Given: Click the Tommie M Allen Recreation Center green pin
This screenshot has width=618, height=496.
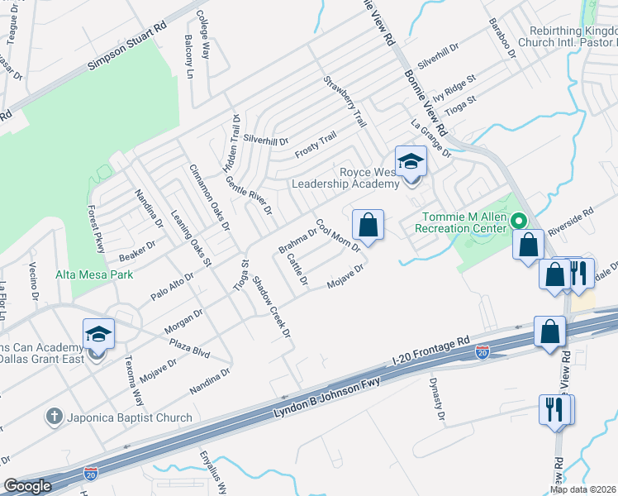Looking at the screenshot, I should pyautogui.click(x=519, y=221).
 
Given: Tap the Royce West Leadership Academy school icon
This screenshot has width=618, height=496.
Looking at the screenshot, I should pyautogui.click(x=410, y=162).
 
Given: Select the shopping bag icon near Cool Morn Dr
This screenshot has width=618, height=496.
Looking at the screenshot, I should pyautogui.click(x=368, y=225).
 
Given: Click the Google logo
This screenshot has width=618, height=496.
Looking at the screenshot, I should pyautogui.click(x=26, y=486).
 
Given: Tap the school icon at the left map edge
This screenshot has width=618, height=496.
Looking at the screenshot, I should pyautogui.click(x=98, y=335).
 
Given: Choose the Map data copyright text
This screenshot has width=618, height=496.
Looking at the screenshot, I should pyautogui.click(x=583, y=489).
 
